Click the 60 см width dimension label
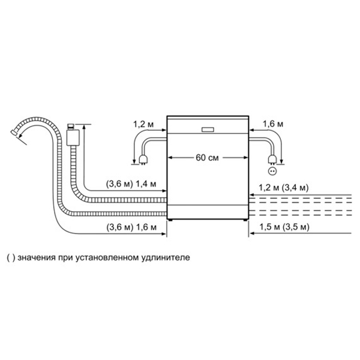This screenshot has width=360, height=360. [207, 158]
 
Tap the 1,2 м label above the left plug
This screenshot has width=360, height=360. [143, 124]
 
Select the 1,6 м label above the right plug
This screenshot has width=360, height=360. [273, 124]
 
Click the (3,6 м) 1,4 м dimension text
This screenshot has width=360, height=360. [131, 184]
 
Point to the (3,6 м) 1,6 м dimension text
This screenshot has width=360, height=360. [131, 227]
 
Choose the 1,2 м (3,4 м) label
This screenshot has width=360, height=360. [284, 188]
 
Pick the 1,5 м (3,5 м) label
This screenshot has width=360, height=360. [284, 227]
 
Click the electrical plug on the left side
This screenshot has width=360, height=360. [143, 160]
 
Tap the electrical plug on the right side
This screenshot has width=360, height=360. [272, 160]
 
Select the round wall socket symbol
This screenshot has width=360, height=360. [272, 171]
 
